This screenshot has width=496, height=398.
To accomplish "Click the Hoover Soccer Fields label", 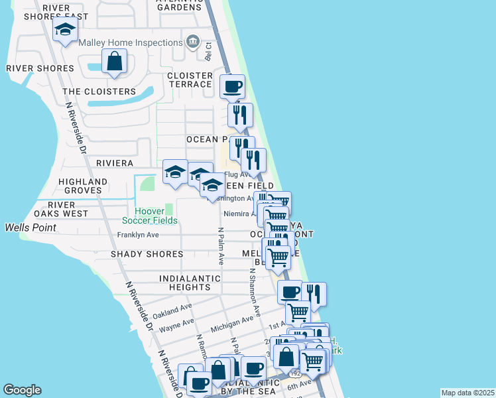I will click(156, 216).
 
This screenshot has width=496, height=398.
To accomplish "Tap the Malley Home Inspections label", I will click(130, 42).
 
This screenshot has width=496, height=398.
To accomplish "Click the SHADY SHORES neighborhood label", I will click(147, 254).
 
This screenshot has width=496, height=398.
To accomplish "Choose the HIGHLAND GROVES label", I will click(83, 186).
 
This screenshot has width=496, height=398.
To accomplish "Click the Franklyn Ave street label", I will click(138, 235).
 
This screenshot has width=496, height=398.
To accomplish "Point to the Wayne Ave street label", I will click(177, 325).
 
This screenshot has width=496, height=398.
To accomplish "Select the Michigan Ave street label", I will click(232, 324).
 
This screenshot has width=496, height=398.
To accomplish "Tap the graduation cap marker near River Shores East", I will click(66, 30).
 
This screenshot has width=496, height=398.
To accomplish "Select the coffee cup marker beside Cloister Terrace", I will click(232, 86).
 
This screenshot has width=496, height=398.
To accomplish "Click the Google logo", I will click(22, 390).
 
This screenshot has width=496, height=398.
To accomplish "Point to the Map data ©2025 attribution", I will click(466, 393).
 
